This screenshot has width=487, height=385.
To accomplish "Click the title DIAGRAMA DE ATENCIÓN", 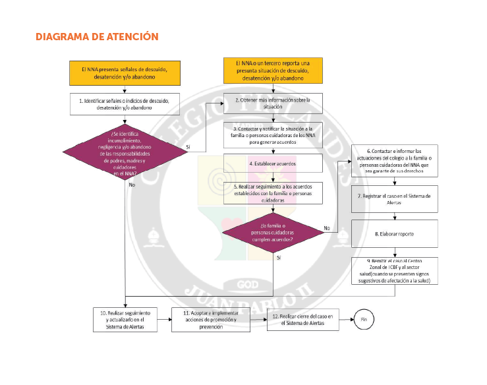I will (x=97, y=36).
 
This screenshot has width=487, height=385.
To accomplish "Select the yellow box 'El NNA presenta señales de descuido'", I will (x=124, y=73).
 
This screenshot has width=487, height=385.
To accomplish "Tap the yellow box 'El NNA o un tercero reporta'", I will (x=273, y=71).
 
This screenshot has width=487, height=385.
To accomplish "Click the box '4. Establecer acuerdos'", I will (x=273, y=162).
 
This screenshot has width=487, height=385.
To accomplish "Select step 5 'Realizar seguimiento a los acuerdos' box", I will (x=273, y=192).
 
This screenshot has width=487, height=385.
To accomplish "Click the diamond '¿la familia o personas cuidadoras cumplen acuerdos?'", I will (x=273, y=233).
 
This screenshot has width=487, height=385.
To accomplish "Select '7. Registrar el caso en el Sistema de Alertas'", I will (x=393, y=199).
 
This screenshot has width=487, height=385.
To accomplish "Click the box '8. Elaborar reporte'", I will (x=393, y=233).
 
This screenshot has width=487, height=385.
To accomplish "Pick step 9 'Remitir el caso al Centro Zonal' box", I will (x=393, y=270).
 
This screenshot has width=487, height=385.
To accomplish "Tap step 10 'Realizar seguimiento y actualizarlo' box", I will (x=124, y=319).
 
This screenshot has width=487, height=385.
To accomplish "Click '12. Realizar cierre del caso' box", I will (x=304, y=320).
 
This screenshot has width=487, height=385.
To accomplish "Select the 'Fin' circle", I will (x=364, y=319).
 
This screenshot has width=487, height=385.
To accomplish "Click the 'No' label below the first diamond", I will (x=132, y=185).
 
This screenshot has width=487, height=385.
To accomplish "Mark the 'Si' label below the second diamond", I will (x=279, y=257).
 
